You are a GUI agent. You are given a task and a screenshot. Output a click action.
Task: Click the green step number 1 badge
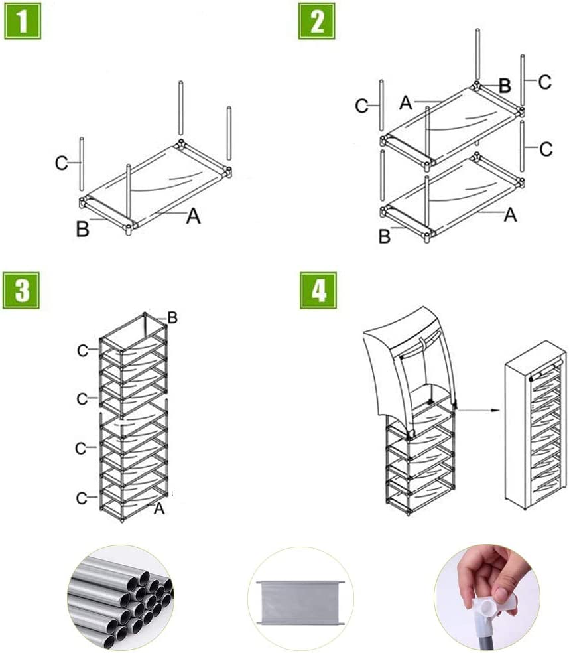[23, 22]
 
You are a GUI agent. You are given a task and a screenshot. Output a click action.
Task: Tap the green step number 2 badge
[317, 22]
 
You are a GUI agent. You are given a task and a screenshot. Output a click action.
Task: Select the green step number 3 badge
[22, 290]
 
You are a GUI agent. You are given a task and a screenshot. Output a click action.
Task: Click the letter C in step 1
[61, 163]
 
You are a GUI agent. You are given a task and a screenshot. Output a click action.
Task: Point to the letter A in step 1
[193, 215]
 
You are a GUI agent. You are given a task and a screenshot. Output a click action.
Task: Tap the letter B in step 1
[83, 230]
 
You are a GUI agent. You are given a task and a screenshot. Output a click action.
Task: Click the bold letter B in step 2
[504, 85]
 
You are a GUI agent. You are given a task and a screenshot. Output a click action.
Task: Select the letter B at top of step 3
[172, 318]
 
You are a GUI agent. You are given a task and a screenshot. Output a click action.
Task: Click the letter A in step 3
[158, 509]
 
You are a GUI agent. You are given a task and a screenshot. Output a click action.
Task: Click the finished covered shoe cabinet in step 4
[535, 425]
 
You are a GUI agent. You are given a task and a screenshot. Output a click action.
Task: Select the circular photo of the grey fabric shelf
[300, 599]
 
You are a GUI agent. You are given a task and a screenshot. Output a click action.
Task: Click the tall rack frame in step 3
[133, 418]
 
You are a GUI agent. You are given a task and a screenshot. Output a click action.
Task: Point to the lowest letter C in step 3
[82, 497]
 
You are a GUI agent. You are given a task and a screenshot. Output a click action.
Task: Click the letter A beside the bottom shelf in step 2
[509, 214]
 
